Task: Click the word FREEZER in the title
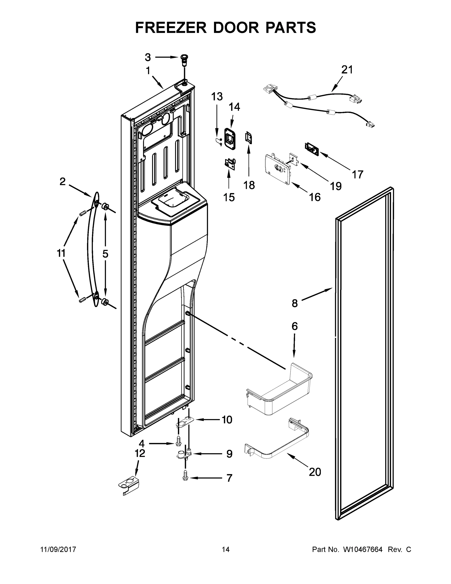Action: tap(171, 27)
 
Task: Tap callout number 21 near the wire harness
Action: tap(347, 70)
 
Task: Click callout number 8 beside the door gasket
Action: tap(294, 303)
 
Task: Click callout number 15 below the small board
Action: tap(229, 197)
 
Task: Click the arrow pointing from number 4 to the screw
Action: tap(161, 443)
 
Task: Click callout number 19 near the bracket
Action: tap(336, 186)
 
